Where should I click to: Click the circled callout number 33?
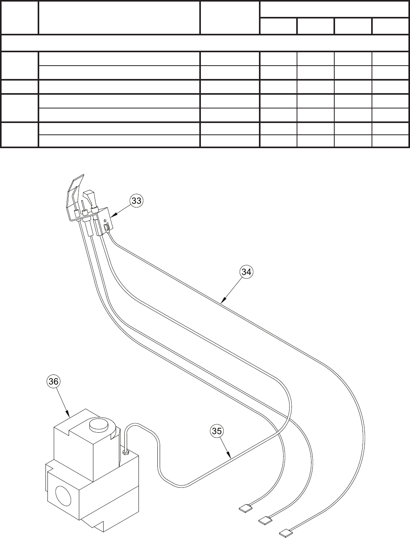tap(136, 201)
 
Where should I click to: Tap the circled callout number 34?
tap(246, 272)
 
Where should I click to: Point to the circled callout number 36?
tap(53, 381)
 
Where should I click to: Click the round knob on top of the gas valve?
tap(98, 426)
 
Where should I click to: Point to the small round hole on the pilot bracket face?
tap(105, 220)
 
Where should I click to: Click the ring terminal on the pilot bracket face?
tap(107, 227)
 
